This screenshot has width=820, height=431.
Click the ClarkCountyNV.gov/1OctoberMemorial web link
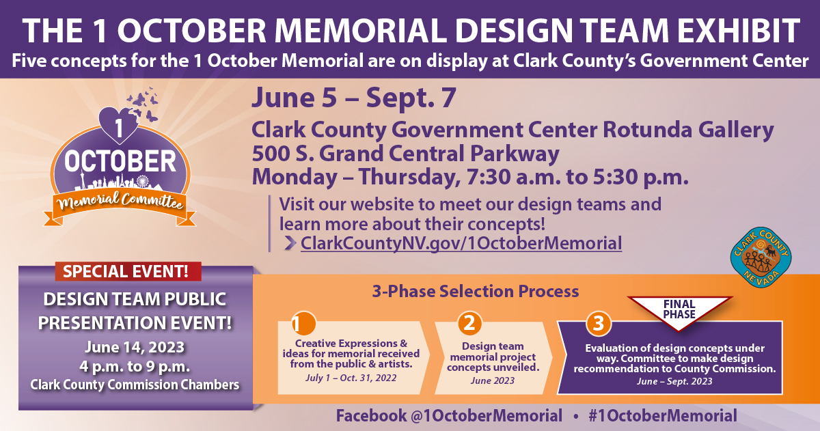(x=461, y=243)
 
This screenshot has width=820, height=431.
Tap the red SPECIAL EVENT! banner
(x=128, y=271)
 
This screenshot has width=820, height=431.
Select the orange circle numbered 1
(x=303, y=323)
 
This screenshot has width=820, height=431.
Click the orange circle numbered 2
(x=469, y=323)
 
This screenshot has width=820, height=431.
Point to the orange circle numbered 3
(x=599, y=324)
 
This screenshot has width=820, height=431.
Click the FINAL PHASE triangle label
(x=679, y=309)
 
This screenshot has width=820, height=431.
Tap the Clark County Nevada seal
(x=761, y=258)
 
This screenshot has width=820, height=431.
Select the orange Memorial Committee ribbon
(x=120, y=207)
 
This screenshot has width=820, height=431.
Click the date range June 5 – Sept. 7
(x=354, y=98)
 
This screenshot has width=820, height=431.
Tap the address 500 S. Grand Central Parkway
(x=406, y=153)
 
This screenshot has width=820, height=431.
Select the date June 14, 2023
(x=135, y=347)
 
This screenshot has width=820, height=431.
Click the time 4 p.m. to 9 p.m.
(x=135, y=367)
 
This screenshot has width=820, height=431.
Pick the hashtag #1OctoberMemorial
(x=663, y=416)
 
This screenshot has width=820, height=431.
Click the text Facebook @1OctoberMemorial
(x=449, y=416)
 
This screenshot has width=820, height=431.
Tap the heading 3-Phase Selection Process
(x=476, y=291)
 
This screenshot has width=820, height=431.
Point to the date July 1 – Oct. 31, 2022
(x=351, y=378)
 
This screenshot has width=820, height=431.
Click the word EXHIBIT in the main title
(x=739, y=31)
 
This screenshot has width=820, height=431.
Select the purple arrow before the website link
(x=290, y=243)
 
